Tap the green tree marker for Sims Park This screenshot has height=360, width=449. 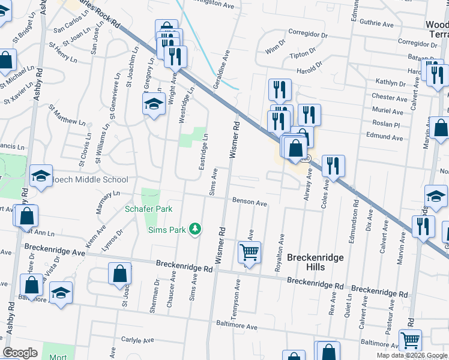click(195, 229)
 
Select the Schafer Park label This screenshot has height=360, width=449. click(148, 209)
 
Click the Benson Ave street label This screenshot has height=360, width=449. click(250, 203)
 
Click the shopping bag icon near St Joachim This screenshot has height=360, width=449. click(119, 273)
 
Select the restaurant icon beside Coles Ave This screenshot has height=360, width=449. click(333, 165)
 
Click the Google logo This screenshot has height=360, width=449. click(20, 353)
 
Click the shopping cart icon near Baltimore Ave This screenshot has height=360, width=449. click(410, 340)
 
